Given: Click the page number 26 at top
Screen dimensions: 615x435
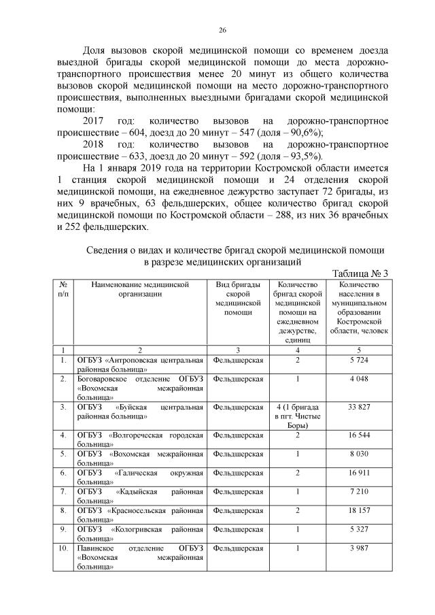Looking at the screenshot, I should click(222, 29).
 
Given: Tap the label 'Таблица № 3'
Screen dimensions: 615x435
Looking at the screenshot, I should click(360, 273).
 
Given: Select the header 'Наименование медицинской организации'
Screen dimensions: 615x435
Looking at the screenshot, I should click(139, 289).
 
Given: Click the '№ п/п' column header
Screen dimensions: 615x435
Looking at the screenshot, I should click(63, 289).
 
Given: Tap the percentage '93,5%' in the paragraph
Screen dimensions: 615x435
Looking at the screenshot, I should click(304, 156).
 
